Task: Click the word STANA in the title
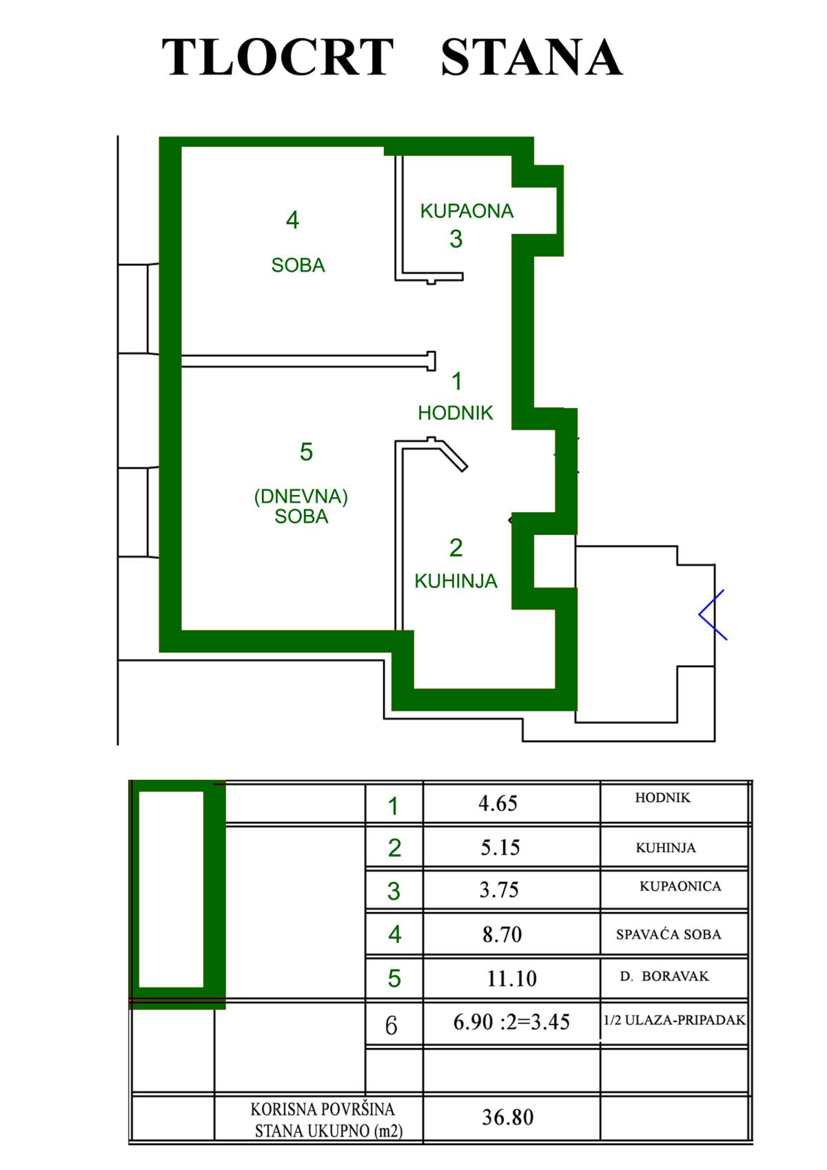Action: [531, 57]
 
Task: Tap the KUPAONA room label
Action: [467, 211]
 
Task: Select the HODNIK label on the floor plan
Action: [456, 413]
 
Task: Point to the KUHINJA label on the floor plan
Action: [456, 581]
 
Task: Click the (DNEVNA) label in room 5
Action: [300, 496]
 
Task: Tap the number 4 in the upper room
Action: [292, 220]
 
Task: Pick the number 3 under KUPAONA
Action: [456, 239]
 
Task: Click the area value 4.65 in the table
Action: [498, 803]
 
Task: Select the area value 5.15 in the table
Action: [500, 847]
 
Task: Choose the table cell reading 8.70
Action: [502, 934]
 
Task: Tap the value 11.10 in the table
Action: [511, 978]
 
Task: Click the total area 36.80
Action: [507, 1117]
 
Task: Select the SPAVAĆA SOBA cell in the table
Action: [668, 934]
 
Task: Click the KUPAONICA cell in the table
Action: [680, 887]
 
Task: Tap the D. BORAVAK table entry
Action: [664, 976]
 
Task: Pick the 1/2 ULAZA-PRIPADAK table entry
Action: [674, 1020]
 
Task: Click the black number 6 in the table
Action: [391, 1026]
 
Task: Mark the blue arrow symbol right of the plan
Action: [713, 615]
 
